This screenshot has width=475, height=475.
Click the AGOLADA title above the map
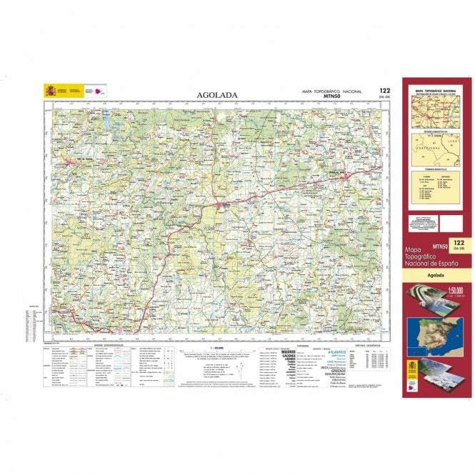coord(217,94)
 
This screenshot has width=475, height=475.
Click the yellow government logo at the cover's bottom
coord(413,370)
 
